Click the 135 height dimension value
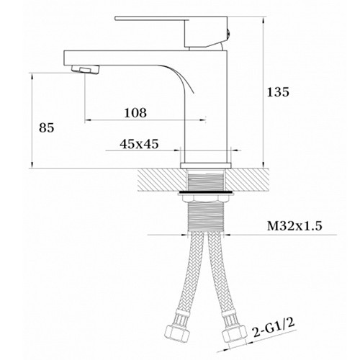[278, 92]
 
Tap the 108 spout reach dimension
[135, 112]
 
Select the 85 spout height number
[47, 127]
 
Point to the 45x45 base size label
[139, 144]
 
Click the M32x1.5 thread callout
[294, 226]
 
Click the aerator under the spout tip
[86, 69]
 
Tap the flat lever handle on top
[171, 19]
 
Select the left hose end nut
[178, 333]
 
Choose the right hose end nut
[235, 333]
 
